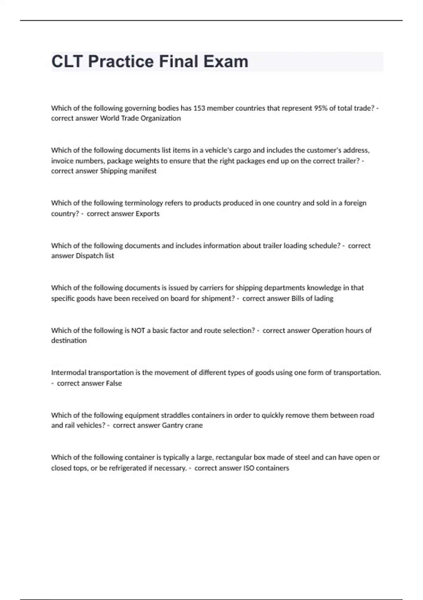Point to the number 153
click(x=199, y=108)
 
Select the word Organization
click(x=160, y=118)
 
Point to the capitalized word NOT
click(x=138, y=330)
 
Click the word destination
click(x=69, y=341)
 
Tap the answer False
click(x=114, y=383)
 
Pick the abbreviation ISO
click(x=249, y=468)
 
